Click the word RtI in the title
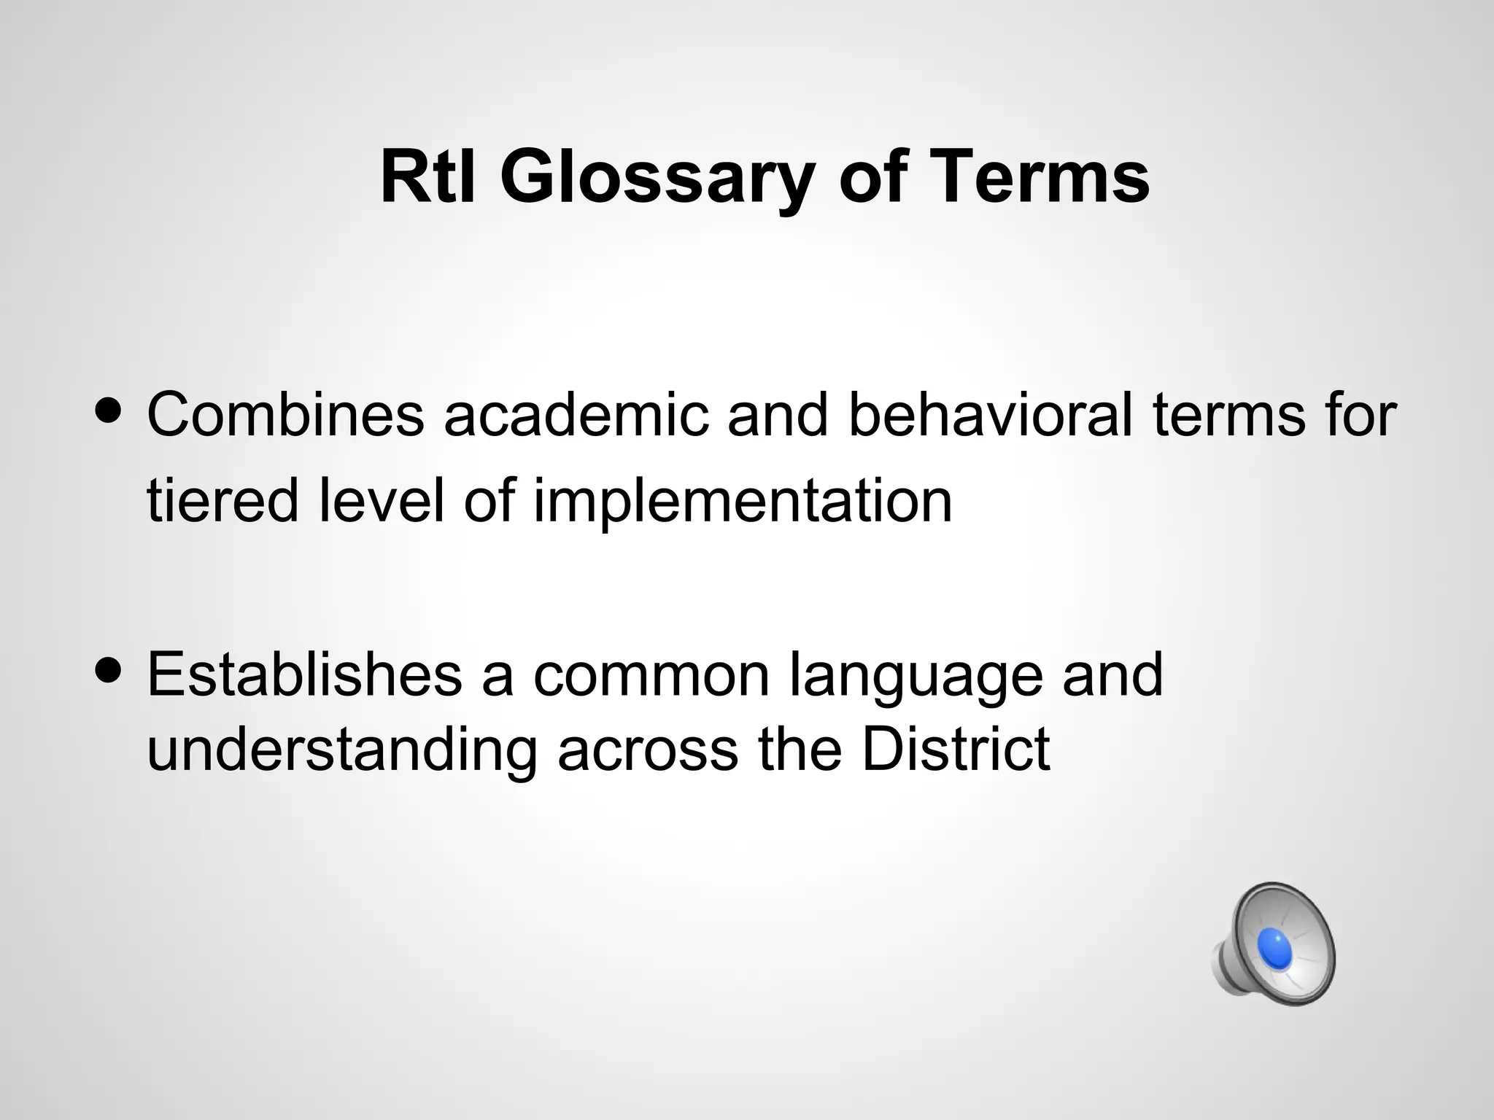point(427,177)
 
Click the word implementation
point(743,502)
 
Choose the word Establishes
point(305,674)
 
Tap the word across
point(648,750)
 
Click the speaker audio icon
point(1274,944)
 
